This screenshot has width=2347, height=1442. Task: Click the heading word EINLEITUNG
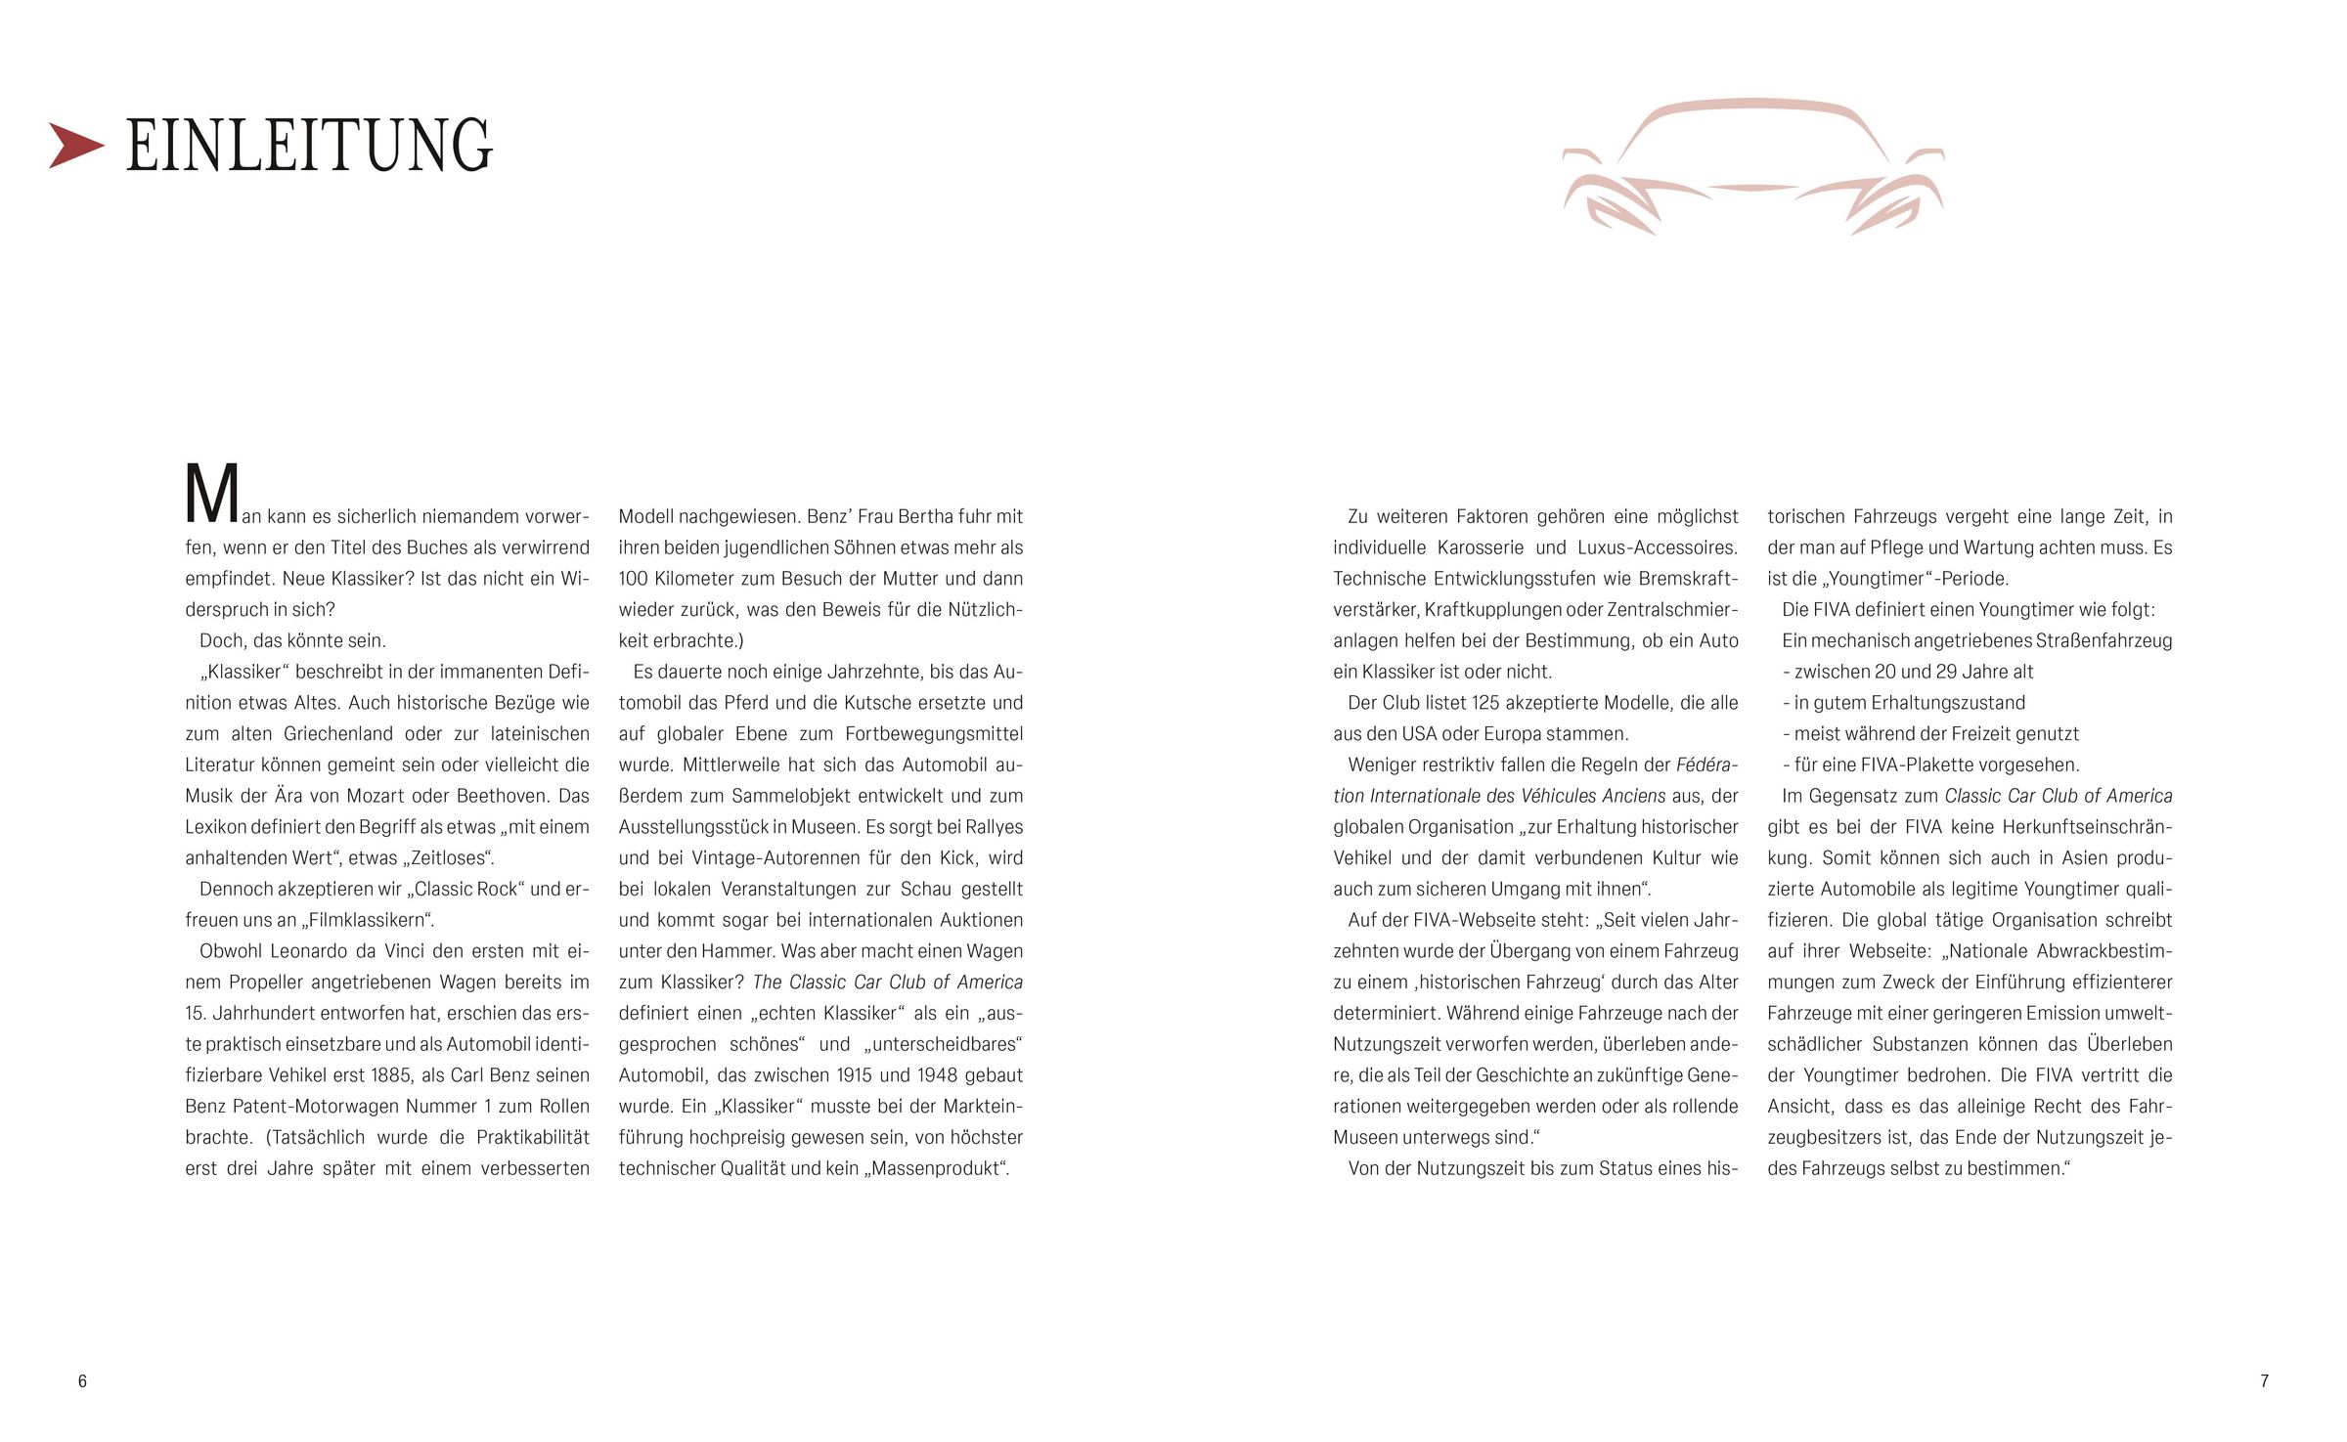point(309,147)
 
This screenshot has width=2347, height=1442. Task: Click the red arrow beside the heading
point(76,146)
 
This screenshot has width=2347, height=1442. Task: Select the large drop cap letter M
point(212,494)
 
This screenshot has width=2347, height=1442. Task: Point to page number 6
point(82,1381)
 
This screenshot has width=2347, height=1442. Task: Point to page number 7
point(2264,1381)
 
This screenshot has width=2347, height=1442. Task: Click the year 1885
point(392,1075)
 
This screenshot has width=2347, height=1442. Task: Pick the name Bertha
point(910,516)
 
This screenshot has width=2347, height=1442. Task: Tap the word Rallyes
point(994,827)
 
